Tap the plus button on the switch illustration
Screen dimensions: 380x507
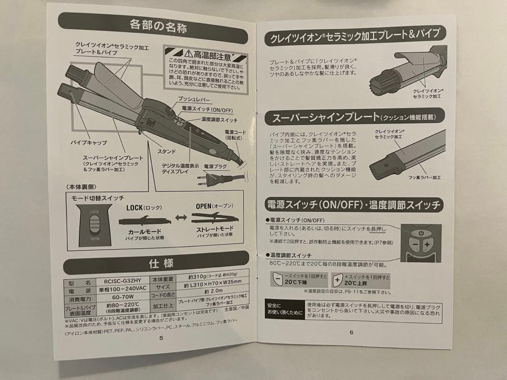[427, 245]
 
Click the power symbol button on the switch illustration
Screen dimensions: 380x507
[421, 233]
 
